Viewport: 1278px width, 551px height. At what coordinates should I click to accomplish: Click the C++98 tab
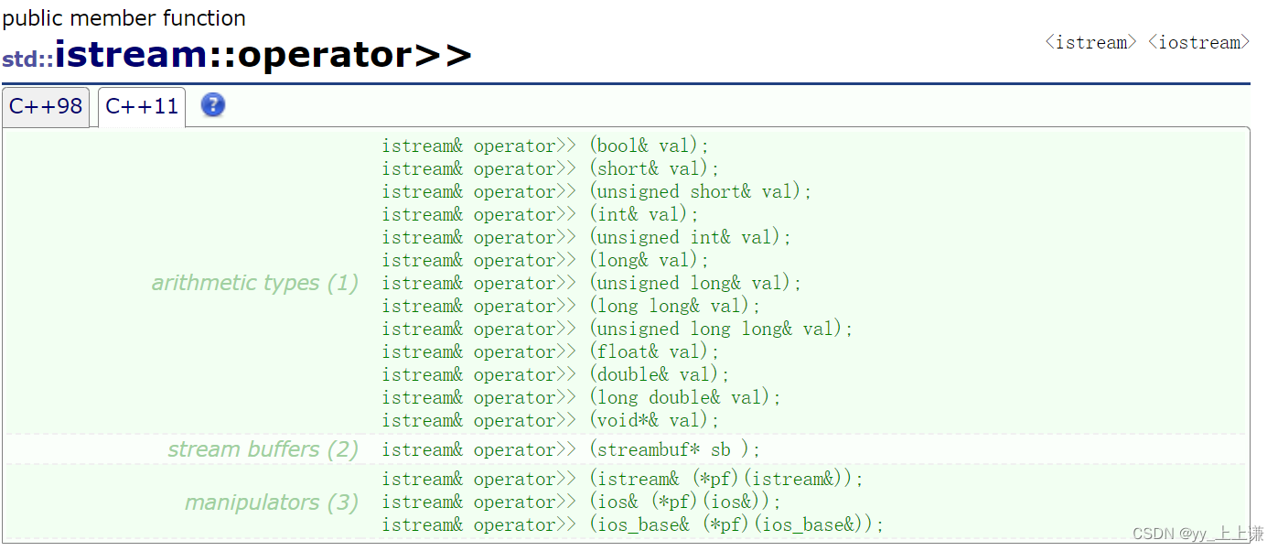tap(46, 107)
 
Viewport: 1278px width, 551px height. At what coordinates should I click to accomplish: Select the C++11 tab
tap(142, 107)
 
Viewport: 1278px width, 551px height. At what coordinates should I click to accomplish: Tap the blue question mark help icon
tap(212, 105)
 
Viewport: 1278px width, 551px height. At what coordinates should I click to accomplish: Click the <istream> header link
tap(1090, 42)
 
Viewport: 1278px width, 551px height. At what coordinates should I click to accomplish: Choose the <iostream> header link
tap(1198, 42)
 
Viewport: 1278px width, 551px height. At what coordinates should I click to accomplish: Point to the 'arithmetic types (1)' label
tap(254, 283)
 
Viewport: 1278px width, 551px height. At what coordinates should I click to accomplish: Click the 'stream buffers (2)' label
tap(263, 449)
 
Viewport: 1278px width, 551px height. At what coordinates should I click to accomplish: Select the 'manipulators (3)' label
tap(271, 502)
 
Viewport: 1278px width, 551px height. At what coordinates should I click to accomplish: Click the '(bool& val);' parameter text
tap(650, 146)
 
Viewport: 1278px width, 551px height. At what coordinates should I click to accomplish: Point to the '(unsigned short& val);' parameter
tap(701, 192)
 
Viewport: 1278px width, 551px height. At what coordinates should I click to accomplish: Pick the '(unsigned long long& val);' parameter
tap(721, 330)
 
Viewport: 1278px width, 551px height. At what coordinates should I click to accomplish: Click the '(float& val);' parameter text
tap(654, 352)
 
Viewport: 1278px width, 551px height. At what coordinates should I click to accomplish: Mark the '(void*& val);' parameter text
tap(654, 421)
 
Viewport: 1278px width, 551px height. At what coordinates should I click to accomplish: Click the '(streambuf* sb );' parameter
tap(675, 450)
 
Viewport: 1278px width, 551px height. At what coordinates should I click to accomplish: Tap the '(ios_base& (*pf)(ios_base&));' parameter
tap(736, 525)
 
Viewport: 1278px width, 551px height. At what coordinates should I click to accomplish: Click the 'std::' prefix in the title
tap(27, 59)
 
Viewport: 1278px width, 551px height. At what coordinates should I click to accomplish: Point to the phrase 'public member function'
tap(124, 18)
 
